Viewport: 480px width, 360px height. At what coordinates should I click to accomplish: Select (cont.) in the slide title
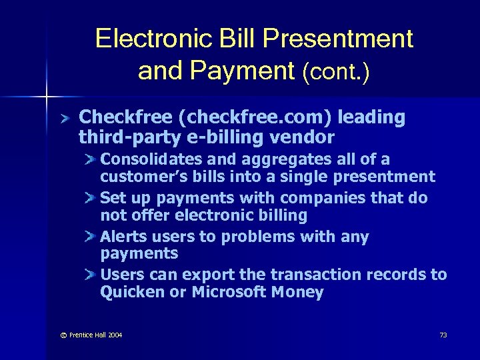pyautogui.click(x=336, y=71)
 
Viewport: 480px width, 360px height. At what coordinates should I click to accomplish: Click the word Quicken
pyautogui.click(x=131, y=292)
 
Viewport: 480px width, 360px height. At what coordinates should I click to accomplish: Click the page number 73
pyautogui.click(x=443, y=335)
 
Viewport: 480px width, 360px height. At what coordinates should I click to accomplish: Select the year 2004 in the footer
pyautogui.click(x=115, y=335)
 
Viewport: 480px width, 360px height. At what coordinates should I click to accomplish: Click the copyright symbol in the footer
pyautogui.click(x=63, y=335)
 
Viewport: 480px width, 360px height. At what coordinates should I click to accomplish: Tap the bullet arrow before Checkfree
pyautogui.click(x=64, y=119)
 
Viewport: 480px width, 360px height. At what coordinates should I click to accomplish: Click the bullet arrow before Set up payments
pyautogui.click(x=91, y=198)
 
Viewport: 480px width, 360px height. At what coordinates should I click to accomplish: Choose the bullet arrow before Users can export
pyautogui.click(x=91, y=275)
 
